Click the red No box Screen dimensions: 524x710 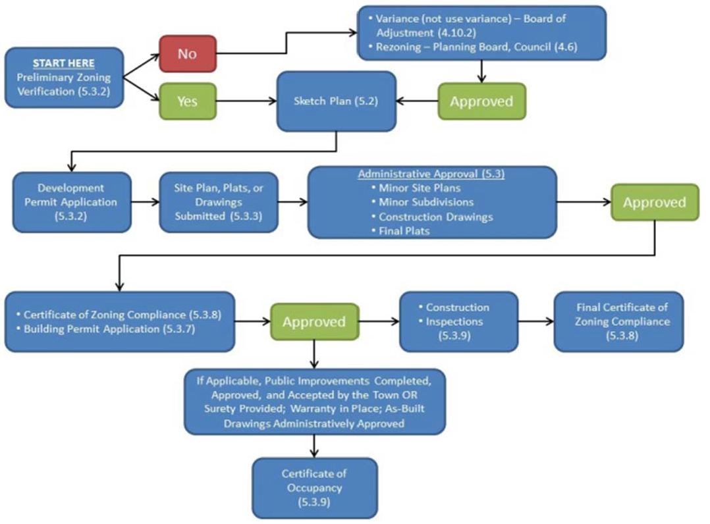pos(187,53)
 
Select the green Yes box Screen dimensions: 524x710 pos(187,101)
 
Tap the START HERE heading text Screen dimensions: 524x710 pos(64,63)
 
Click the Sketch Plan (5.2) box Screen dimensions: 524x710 pos(336,101)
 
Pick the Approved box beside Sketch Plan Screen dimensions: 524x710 pos(481,101)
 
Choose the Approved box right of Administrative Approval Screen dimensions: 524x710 pos(654,202)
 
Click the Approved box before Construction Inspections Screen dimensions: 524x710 pos(314,321)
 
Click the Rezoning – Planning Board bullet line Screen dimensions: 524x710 pos(481,47)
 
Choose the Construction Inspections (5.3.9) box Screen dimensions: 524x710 pos(458,321)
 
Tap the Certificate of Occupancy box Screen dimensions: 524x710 pos(314,488)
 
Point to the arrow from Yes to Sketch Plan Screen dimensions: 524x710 pos(244,101)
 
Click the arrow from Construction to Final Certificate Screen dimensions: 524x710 pos(535,321)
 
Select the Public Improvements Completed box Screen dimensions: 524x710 pos(314,402)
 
